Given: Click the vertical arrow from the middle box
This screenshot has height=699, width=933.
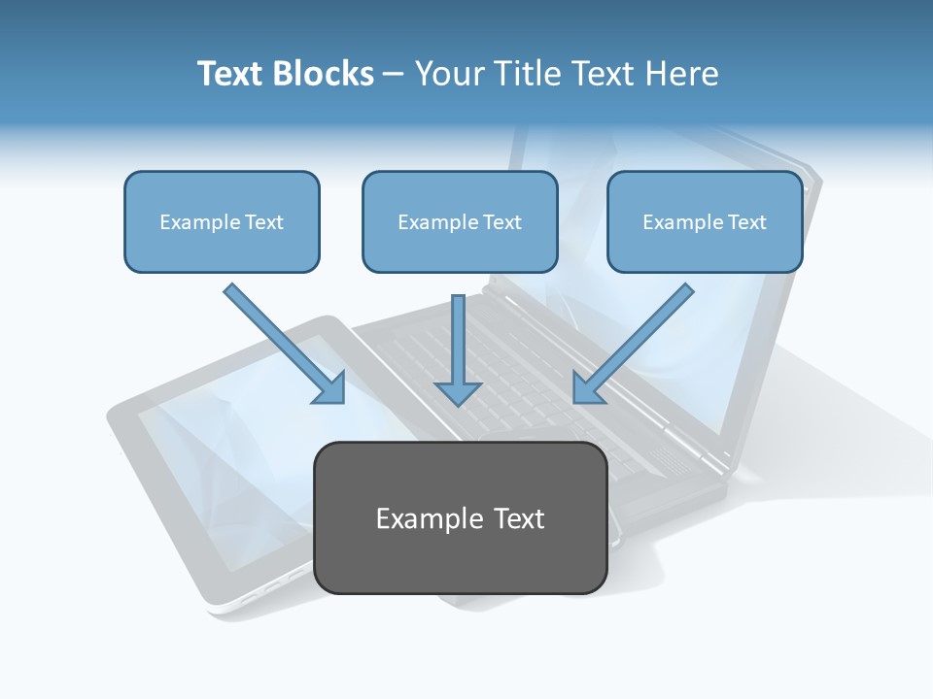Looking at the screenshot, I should pos(458,335).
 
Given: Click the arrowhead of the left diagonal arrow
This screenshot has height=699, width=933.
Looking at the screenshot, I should pos(330,388).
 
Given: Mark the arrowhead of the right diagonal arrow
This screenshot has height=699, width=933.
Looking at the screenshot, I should pos(586,387).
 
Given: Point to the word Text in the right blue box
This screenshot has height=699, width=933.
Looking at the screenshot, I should pos(746,222).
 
